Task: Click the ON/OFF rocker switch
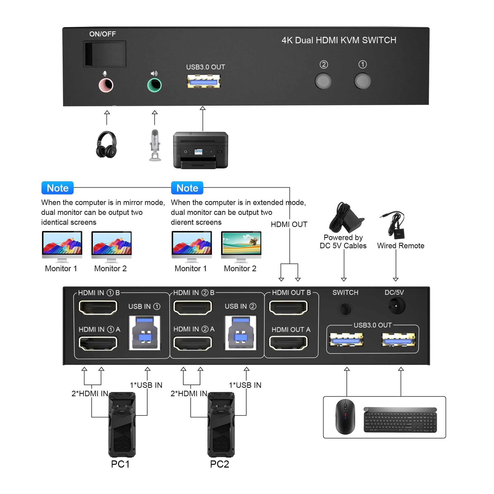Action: click(104, 54)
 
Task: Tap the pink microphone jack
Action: click(106, 85)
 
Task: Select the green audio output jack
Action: click(154, 85)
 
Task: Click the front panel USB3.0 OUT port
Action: click(204, 81)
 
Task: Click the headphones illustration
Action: click(107, 144)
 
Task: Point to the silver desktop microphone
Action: click(155, 145)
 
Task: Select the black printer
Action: click(201, 150)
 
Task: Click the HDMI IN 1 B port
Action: click(98, 308)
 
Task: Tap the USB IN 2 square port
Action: click(240, 333)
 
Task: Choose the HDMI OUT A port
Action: click(288, 343)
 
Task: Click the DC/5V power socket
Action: click(397, 306)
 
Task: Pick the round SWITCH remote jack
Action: click(345, 309)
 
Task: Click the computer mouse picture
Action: click(345, 417)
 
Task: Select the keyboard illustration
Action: click(400, 420)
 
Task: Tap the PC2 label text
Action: click(219, 464)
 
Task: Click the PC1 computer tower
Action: click(122, 424)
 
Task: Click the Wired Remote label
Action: click(401, 246)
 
